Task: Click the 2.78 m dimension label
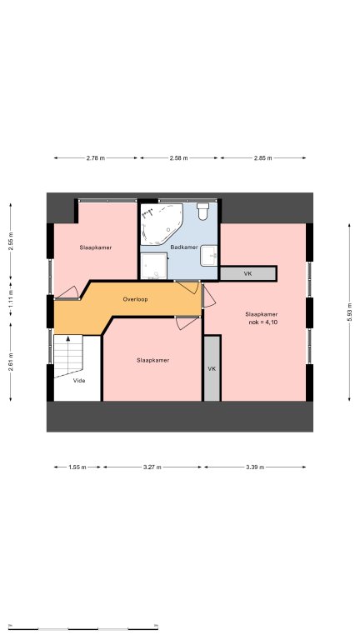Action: (96, 158)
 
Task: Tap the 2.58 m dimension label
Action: (179, 158)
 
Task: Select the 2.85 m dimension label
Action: (262, 158)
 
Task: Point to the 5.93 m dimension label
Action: (350, 312)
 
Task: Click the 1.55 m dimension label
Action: (77, 467)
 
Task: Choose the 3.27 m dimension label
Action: (152, 467)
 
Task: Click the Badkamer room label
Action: (184, 247)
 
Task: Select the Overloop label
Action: (136, 300)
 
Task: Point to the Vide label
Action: (79, 381)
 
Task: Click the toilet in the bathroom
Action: (202, 212)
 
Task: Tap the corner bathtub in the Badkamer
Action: (161, 224)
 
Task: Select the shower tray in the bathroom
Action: (154, 266)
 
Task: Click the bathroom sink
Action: (209, 256)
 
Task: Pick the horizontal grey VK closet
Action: (248, 274)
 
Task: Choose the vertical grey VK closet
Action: (212, 368)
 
